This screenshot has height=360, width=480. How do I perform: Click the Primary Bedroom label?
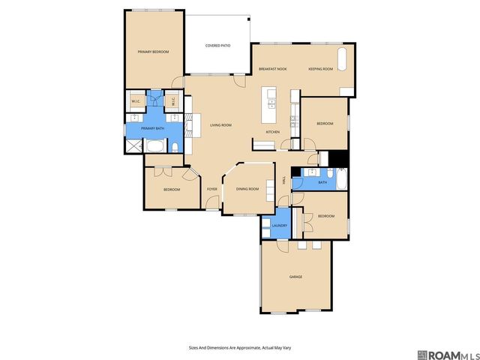click(x=153, y=52)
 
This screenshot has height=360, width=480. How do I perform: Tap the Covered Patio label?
click(x=217, y=46)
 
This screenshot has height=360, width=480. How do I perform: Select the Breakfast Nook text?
click(x=273, y=69)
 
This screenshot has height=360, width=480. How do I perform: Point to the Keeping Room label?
click(x=320, y=69)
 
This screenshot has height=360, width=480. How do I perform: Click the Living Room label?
click(x=220, y=124)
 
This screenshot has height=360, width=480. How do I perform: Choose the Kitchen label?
click(x=272, y=133)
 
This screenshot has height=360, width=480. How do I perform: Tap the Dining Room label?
click(x=247, y=189)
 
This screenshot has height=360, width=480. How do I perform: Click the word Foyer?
click(x=211, y=189)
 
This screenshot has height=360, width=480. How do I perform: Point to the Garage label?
click(x=295, y=277)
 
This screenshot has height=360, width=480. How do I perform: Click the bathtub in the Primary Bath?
click(x=154, y=146)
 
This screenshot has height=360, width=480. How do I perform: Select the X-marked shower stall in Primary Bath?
click(x=133, y=146)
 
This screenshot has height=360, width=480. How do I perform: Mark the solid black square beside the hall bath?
click(x=338, y=160)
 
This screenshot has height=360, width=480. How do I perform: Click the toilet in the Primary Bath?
click(x=173, y=146)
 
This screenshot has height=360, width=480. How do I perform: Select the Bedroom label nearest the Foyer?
click(x=172, y=190)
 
